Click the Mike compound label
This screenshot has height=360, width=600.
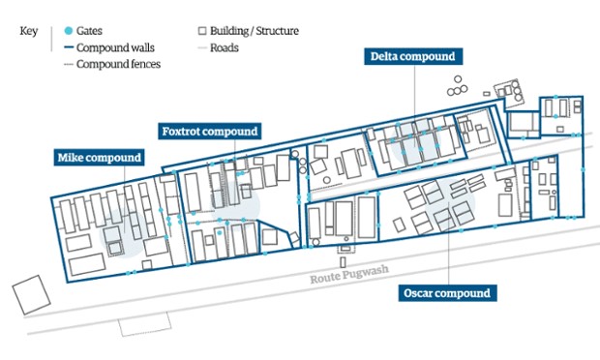(99, 157)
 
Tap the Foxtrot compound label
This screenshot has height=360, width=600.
(210, 132)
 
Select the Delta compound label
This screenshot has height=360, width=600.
(413, 56)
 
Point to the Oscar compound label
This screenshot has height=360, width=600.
(447, 293)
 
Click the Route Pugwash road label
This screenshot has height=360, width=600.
(349, 274)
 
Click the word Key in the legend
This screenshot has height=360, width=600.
(29, 31)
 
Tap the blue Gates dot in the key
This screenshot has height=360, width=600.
(69, 31)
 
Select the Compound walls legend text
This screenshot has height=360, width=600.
(115, 47)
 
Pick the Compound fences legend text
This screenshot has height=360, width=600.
(118, 64)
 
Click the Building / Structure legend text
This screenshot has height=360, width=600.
(255, 31)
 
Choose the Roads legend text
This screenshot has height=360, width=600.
(225, 47)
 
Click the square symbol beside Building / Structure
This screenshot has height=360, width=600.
(202, 31)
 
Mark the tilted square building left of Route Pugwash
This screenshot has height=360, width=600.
(31, 295)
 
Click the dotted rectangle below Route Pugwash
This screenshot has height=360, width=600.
(144, 324)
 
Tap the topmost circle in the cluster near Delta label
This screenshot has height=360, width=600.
(458, 79)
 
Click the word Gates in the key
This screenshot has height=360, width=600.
(89, 31)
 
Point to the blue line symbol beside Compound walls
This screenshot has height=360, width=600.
(69, 47)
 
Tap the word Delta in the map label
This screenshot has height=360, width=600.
(384, 56)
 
